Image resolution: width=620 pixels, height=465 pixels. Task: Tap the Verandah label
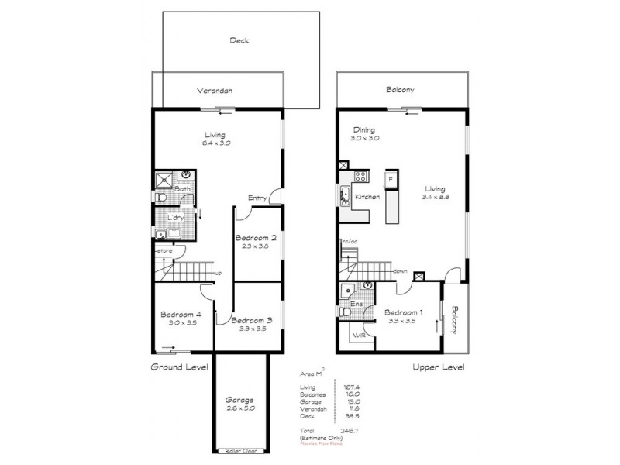[x=215, y=91]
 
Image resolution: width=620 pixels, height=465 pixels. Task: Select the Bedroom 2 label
[x=255, y=238]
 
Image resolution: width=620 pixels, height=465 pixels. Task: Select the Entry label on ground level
[x=257, y=198]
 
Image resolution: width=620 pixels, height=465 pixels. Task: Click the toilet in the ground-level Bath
[x=160, y=199]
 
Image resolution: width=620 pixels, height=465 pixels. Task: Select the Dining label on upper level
[x=363, y=129]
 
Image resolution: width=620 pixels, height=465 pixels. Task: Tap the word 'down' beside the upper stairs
[x=401, y=271]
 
